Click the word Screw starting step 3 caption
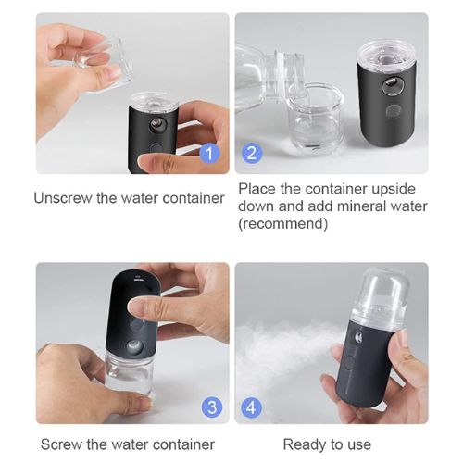pyautogui.click(x=61, y=444)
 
